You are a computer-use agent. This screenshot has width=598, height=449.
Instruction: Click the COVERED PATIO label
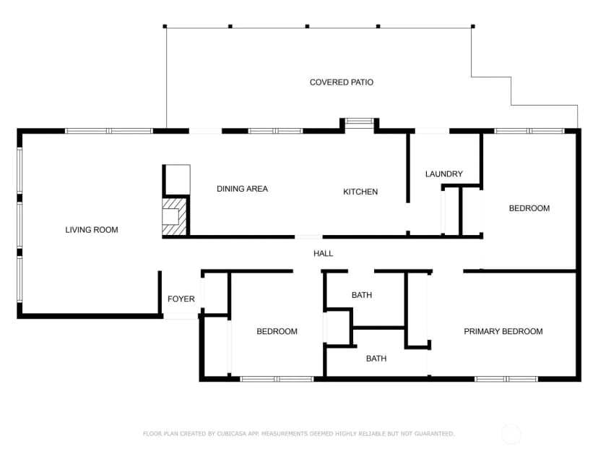pyautogui.click(x=342, y=82)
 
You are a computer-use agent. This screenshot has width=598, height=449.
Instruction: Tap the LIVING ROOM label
pyautogui.click(x=92, y=230)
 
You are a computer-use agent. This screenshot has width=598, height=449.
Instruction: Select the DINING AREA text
pyautogui.click(x=242, y=189)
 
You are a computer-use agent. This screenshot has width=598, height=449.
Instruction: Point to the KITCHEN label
pyautogui.click(x=360, y=192)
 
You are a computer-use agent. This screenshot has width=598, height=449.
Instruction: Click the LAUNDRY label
pyautogui.click(x=444, y=174)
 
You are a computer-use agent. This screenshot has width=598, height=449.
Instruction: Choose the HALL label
pyautogui.click(x=323, y=254)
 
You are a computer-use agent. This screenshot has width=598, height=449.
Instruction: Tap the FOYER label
pyautogui.click(x=181, y=299)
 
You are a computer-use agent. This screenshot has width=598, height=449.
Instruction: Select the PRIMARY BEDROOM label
pyautogui.click(x=503, y=331)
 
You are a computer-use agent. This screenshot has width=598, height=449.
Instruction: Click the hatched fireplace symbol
pyautogui.click(x=175, y=216)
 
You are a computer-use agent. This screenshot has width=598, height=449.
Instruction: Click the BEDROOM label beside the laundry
pyautogui.click(x=529, y=208)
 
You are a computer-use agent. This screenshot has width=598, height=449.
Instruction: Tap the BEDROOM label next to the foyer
pyautogui.click(x=277, y=331)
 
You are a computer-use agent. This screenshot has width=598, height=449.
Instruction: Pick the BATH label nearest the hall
pyautogui.click(x=362, y=295)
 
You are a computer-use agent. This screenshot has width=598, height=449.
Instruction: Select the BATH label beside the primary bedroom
pyautogui.click(x=376, y=359)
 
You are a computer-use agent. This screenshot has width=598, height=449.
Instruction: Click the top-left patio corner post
pyautogui.click(x=165, y=26)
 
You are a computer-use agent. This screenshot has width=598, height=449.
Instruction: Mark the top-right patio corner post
pyautogui.click(x=473, y=26)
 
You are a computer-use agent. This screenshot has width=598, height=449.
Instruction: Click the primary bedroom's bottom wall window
pyautogui.click(x=506, y=379)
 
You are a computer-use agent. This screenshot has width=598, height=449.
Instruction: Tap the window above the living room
pyautogui.click(x=108, y=131)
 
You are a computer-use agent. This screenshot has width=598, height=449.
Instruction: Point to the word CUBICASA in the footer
pyautogui.click(x=232, y=434)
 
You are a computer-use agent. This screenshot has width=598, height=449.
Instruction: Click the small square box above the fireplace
pyautogui.click(x=177, y=180)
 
